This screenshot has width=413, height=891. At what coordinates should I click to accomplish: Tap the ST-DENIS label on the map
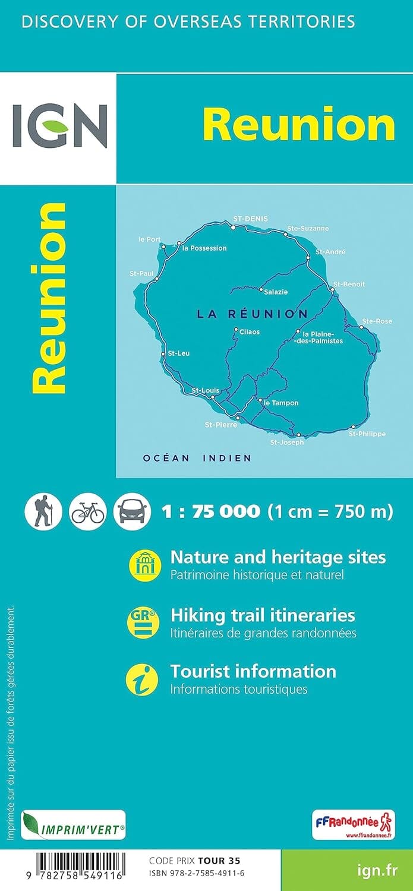click(x=250, y=219)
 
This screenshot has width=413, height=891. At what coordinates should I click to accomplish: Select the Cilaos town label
click(x=250, y=331)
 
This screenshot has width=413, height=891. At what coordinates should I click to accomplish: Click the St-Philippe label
click(x=367, y=434)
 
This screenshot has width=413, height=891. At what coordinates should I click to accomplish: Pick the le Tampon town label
click(x=280, y=403)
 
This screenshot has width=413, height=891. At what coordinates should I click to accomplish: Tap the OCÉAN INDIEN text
click(x=197, y=458)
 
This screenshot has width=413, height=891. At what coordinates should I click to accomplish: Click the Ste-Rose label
click(x=377, y=321)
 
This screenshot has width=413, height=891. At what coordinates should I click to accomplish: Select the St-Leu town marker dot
click(x=163, y=354)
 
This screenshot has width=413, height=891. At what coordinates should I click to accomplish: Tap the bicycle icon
click(x=88, y=511)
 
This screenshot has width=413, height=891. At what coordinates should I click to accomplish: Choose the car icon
click(x=132, y=511)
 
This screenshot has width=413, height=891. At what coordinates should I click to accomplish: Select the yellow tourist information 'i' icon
click(x=143, y=680)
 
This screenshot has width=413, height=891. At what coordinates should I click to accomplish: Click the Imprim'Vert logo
click(x=74, y=824)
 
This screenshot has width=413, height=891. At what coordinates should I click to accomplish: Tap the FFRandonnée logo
click(x=353, y=824)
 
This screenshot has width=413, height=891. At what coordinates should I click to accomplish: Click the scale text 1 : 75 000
click(x=211, y=511)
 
